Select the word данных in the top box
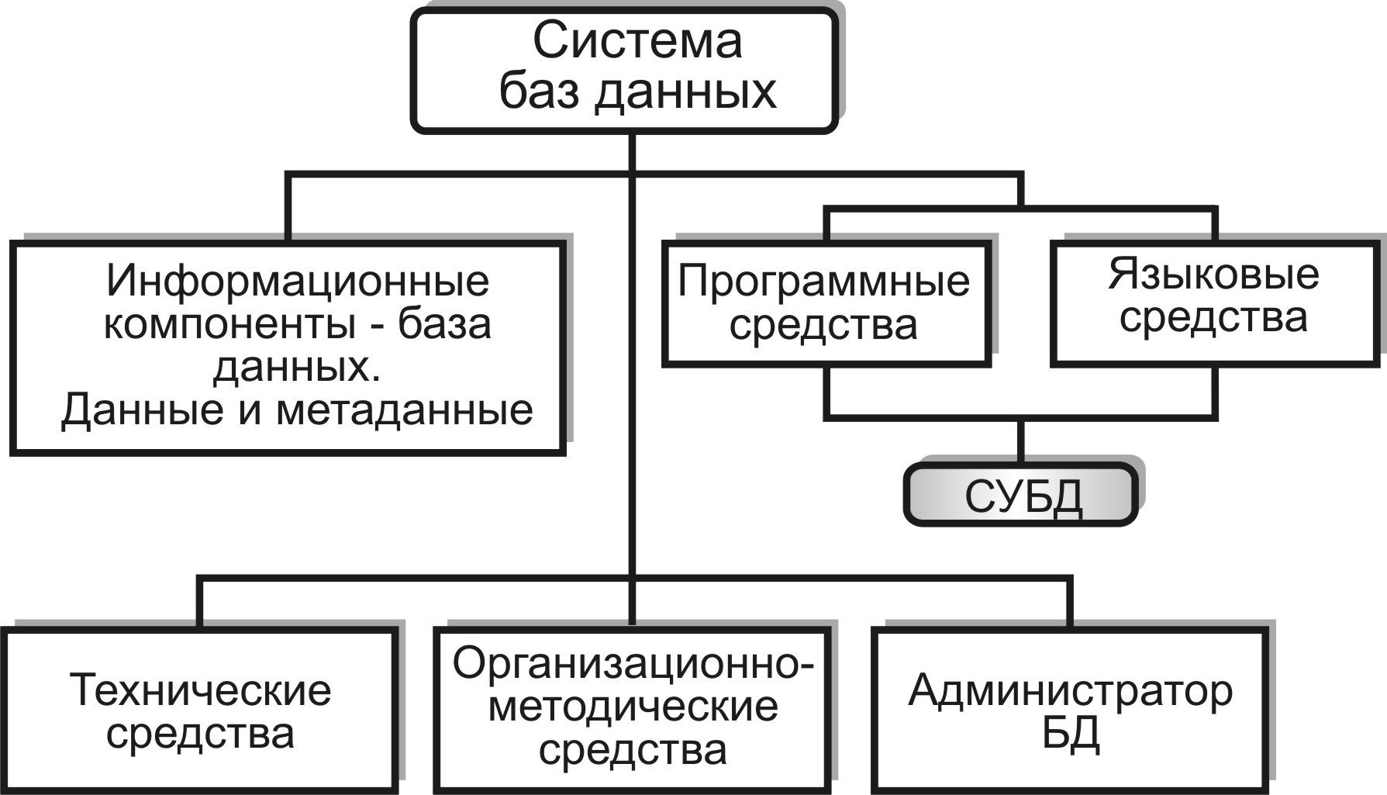(x=685, y=92)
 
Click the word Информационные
(x=298, y=281)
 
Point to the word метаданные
(x=404, y=410)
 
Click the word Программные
(x=823, y=281)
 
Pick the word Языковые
(x=1213, y=275)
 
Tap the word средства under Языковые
(x=1213, y=318)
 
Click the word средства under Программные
(x=823, y=326)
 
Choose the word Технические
(x=200, y=690)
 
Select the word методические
(x=633, y=707)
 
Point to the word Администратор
(x=1070, y=690)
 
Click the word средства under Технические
(x=200, y=734)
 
